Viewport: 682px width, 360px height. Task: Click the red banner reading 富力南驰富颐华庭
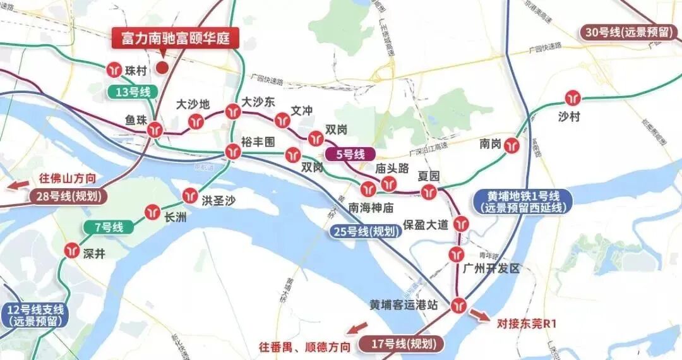[x=175, y=39]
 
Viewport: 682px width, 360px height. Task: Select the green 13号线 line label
[x=133, y=92]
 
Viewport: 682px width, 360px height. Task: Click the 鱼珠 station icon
[x=155, y=130]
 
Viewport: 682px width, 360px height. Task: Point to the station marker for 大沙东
[x=232, y=112]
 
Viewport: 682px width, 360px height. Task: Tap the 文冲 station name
[x=302, y=111]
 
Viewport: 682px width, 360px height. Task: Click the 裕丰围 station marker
[x=232, y=152]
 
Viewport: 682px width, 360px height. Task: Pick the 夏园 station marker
[x=429, y=192]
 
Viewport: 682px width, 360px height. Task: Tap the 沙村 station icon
[x=573, y=98]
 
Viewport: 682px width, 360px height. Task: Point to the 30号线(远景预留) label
[x=630, y=33]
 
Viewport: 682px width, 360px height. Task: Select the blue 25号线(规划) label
[x=367, y=231]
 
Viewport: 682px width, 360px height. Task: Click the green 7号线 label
[x=109, y=227]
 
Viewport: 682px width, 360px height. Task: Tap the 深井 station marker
[x=71, y=251]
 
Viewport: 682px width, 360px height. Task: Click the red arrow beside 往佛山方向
[x=17, y=186]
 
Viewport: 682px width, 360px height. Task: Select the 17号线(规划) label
[x=401, y=345]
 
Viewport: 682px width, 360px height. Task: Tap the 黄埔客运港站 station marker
[x=458, y=305]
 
